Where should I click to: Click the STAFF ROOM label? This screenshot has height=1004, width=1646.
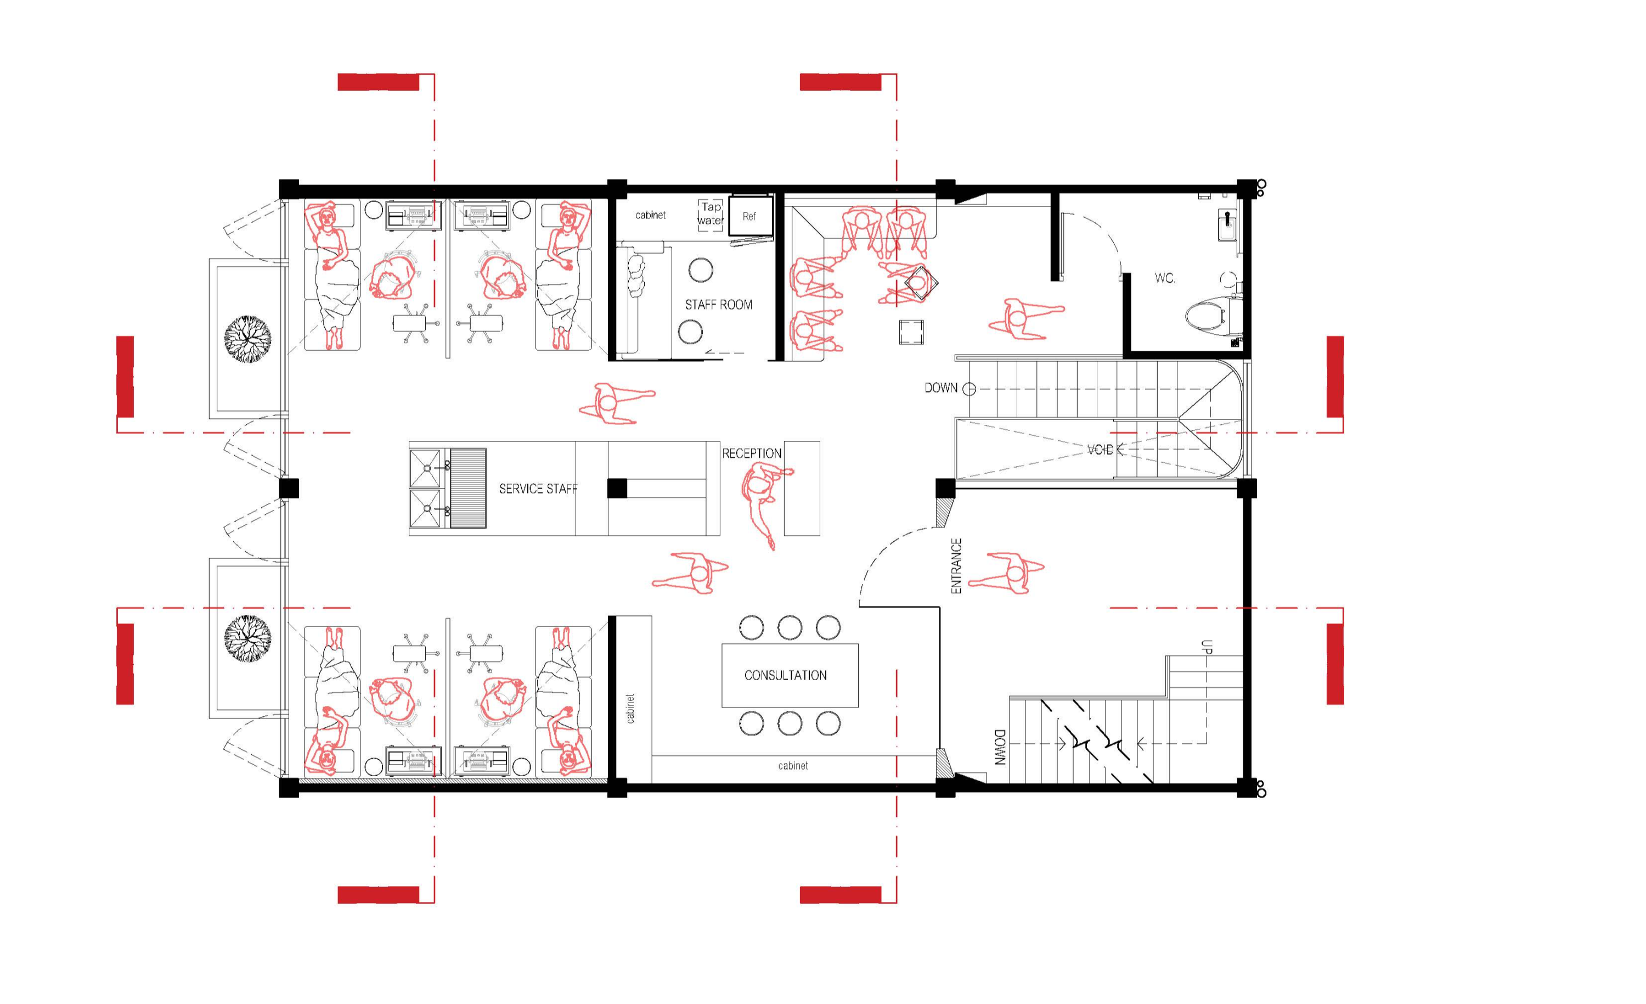[x=718, y=305]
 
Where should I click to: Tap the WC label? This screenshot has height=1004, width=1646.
[x=1164, y=278]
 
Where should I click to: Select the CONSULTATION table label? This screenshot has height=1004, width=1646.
[x=785, y=675]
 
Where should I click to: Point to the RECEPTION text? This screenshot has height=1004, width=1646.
[x=752, y=453]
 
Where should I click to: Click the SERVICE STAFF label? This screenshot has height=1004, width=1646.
[x=538, y=489]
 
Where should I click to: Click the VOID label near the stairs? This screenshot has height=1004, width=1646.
[x=1100, y=450]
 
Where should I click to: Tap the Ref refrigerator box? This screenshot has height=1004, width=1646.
[x=750, y=215]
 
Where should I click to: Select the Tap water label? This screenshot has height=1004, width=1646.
[x=711, y=214]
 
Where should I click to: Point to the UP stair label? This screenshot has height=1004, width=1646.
[x=1206, y=647]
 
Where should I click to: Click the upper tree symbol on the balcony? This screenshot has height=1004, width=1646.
[x=248, y=339]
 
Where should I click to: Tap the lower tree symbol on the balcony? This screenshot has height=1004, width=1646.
[x=248, y=638]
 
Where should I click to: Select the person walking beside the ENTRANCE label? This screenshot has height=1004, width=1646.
[x=1007, y=573]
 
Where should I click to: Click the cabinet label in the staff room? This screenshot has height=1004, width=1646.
[x=650, y=215]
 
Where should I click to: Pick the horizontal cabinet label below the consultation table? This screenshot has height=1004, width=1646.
[x=793, y=766]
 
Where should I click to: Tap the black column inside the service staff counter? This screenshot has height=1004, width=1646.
[x=617, y=489]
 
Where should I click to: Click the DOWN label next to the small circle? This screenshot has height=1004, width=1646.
[x=940, y=388]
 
